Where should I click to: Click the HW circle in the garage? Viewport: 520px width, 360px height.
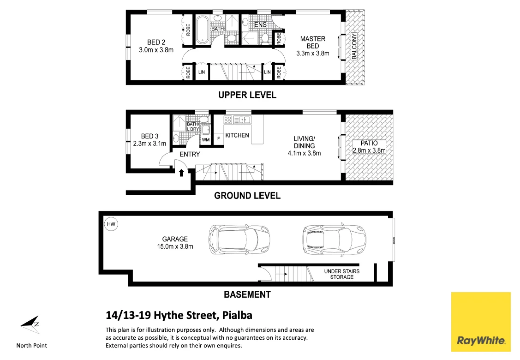pyautogui.click(x=111, y=225)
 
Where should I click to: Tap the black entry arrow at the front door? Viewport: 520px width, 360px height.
pyautogui.click(x=181, y=173)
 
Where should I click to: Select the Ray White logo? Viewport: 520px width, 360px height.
pyautogui.click(x=480, y=322)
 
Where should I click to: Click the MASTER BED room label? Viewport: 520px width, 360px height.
pyautogui.click(x=312, y=42)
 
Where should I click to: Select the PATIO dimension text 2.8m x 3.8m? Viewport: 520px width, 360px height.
pyautogui.click(x=369, y=150)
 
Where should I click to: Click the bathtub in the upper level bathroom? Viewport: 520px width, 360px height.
pyautogui.click(x=203, y=30)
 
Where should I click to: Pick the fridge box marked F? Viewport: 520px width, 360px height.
pyautogui.click(x=218, y=139)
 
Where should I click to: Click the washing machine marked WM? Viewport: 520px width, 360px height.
pyautogui.click(x=205, y=139)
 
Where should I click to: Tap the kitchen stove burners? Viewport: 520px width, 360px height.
pyautogui.click(x=227, y=120)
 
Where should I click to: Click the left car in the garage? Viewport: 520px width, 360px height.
pyautogui.click(x=235, y=240)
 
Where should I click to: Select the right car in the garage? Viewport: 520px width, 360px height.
pyautogui.click(x=334, y=240)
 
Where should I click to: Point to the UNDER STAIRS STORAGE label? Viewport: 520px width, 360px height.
pyautogui.click(x=341, y=274)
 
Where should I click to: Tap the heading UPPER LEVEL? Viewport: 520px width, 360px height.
pyautogui.click(x=247, y=95)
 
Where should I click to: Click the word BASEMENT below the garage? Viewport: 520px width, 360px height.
pyautogui.click(x=247, y=294)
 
